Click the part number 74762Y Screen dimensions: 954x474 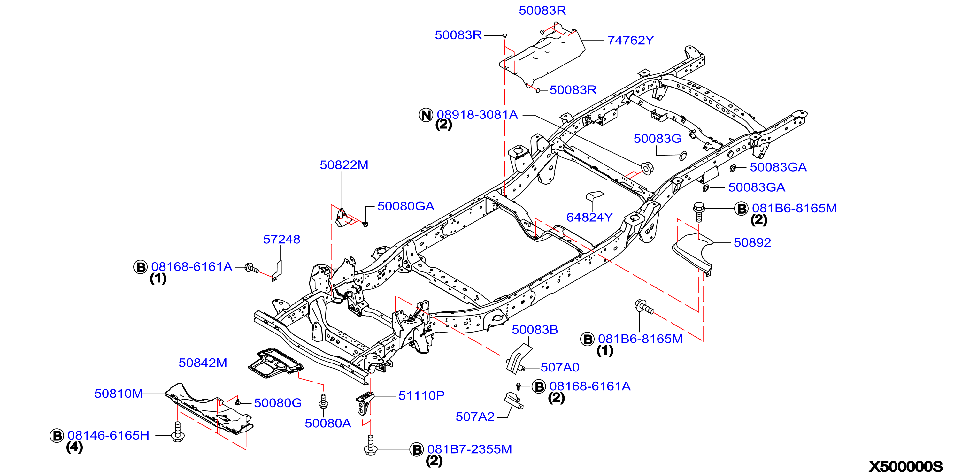tap(631, 40)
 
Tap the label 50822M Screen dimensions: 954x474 tap(344, 165)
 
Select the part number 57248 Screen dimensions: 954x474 tap(281, 239)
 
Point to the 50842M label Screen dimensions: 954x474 tap(203, 363)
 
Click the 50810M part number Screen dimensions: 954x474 tap(119, 393)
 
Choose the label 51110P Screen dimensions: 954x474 tap(421, 395)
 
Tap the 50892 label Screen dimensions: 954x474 tap(752, 242)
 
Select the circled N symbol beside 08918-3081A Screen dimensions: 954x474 tap(426, 115)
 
